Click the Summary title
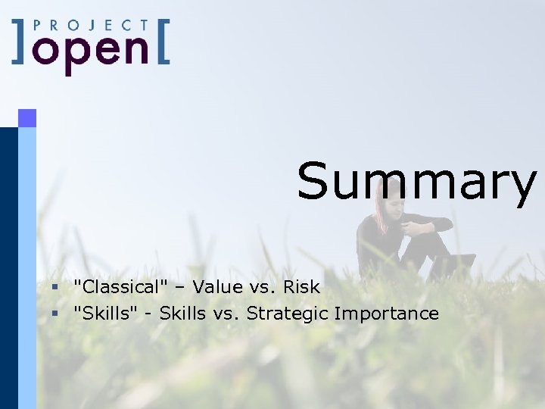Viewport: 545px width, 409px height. click(416, 182)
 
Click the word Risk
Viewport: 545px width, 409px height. click(301, 287)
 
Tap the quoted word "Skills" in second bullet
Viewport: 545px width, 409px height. click(105, 314)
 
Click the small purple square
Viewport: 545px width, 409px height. click(27, 117)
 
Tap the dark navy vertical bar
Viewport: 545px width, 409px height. click(8, 265)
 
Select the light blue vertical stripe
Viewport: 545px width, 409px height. click(27, 265)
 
